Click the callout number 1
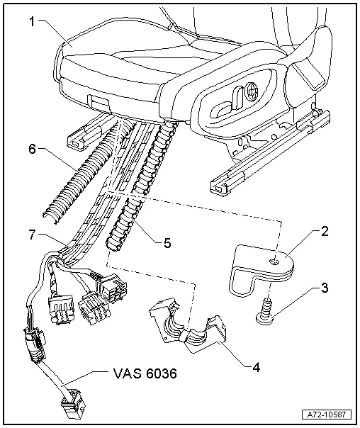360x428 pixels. coord(31,21)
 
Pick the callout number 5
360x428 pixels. coord(167,243)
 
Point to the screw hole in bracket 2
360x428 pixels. coord(274,262)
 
